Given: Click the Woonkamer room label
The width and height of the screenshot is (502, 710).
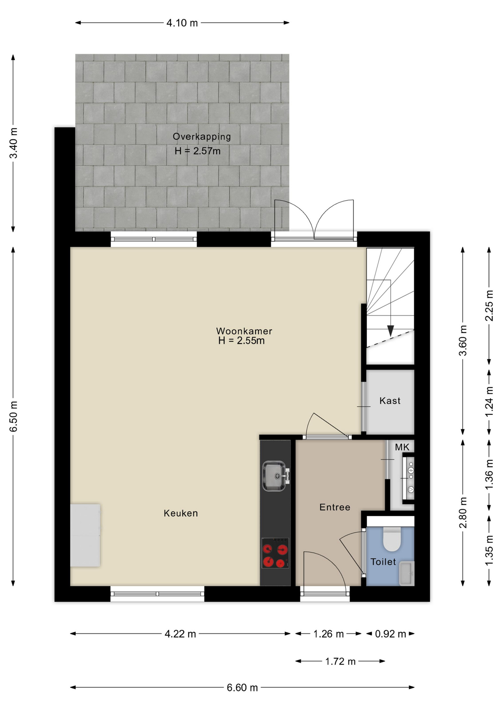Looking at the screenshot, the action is click(x=244, y=331).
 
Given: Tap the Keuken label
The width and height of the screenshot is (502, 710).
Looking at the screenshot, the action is click(x=181, y=513).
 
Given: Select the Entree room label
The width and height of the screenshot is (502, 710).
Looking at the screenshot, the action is click(x=335, y=507).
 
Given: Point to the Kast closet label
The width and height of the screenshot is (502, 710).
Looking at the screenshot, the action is click(x=390, y=401).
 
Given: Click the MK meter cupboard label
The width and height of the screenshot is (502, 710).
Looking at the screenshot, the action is click(x=402, y=447).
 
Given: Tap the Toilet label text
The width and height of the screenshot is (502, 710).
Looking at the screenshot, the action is click(x=383, y=562).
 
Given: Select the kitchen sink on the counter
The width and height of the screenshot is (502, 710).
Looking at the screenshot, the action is click(x=275, y=476).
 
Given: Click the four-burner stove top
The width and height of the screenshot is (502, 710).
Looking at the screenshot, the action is click(x=275, y=553).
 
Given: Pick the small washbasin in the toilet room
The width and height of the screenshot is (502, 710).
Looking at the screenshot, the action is click(x=407, y=574).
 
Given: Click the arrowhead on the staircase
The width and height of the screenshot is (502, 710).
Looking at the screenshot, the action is click(x=390, y=331).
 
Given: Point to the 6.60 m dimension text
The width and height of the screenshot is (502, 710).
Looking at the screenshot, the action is click(x=242, y=688).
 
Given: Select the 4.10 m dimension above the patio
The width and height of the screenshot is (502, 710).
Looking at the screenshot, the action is click(x=182, y=23).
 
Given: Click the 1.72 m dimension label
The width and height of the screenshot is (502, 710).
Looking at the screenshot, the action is click(x=340, y=661).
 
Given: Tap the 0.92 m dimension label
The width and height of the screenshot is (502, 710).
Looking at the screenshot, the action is click(x=390, y=634).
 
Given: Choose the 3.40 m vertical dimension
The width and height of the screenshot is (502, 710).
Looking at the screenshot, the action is click(x=13, y=143).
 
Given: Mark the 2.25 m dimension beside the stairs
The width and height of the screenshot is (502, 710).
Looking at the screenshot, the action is click(x=489, y=305).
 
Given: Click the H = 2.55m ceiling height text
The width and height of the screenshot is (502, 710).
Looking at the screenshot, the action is click(x=241, y=341).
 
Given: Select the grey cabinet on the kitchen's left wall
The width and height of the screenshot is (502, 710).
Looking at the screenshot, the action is click(x=85, y=535).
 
